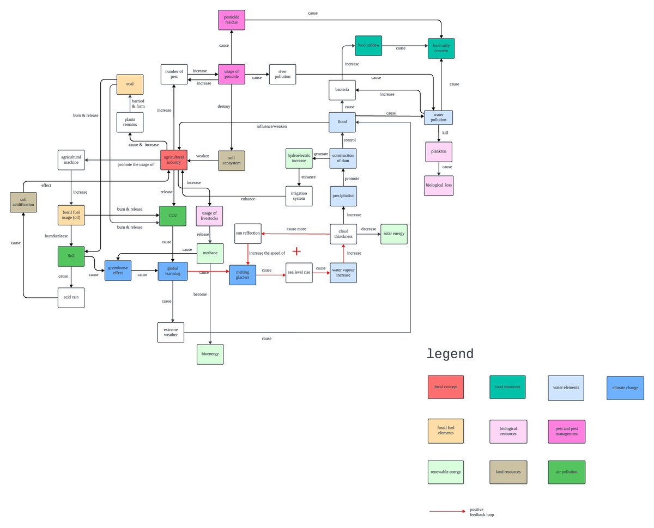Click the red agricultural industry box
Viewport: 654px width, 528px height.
click(174, 159)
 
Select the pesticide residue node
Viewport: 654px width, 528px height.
click(232, 20)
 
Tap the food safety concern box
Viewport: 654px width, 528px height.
click(441, 48)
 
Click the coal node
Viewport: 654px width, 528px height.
click(130, 84)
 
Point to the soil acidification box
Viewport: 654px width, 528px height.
click(23, 202)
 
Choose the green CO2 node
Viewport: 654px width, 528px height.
click(173, 216)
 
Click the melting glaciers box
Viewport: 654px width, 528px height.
click(243, 275)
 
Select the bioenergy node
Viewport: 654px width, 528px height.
click(210, 354)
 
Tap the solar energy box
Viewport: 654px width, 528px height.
click(393, 234)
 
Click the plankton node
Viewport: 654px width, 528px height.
click(439, 152)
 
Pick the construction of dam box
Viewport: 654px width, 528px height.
click(343, 158)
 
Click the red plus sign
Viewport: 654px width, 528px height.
click(296, 251)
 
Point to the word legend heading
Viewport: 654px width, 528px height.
click(450, 354)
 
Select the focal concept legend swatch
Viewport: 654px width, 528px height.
click(446, 387)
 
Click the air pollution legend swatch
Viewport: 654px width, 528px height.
click(566, 472)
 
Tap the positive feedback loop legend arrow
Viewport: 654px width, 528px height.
click(447, 512)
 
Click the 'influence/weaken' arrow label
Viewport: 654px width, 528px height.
click(271, 126)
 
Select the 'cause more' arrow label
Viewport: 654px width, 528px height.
click(296, 229)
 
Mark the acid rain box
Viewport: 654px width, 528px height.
click(71, 298)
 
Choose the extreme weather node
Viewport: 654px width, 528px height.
click(171, 332)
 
